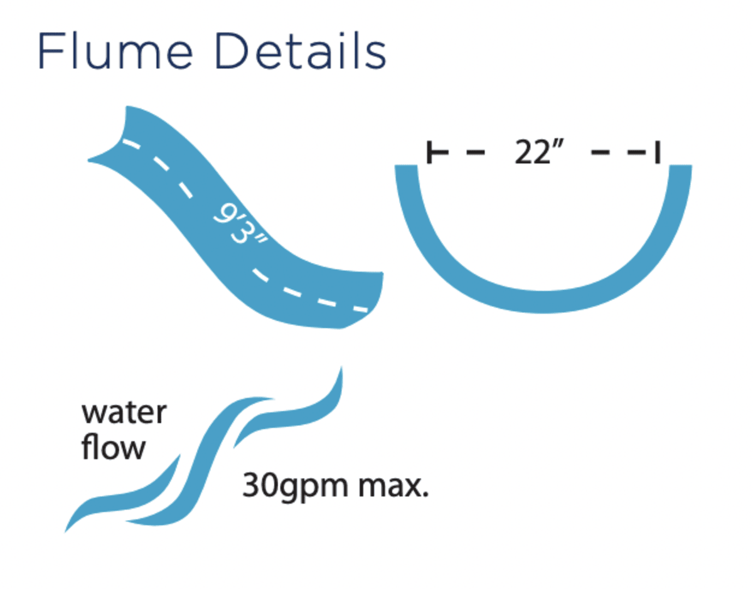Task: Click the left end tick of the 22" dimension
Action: (x=429, y=152)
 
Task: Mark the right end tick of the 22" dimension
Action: (x=657, y=152)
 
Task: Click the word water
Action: (x=124, y=413)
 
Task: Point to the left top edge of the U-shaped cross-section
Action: (x=406, y=171)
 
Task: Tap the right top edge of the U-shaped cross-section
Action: (x=680, y=171)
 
